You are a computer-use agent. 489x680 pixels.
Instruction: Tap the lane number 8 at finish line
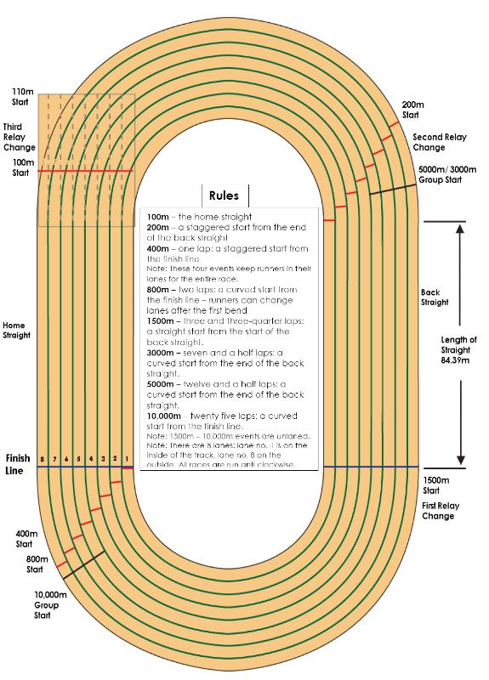point(42,459)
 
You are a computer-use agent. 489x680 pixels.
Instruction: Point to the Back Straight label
point(436,297)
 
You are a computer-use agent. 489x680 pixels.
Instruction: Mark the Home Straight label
point(16,330)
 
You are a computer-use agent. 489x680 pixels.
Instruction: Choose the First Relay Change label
point(441,511)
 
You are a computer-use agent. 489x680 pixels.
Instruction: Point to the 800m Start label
point(37,564)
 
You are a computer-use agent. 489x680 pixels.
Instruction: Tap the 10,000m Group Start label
point(48,604)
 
